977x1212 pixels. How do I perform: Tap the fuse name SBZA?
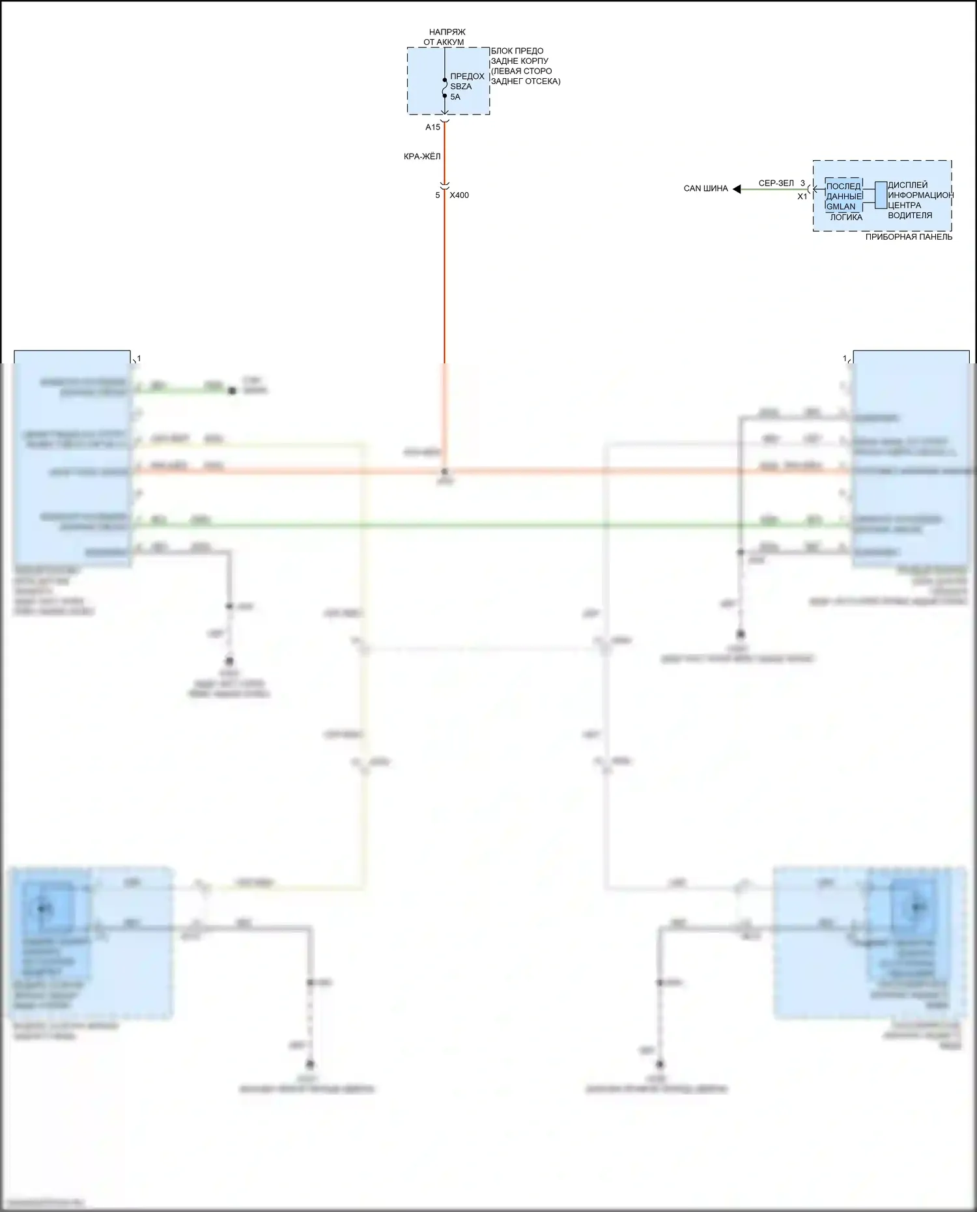point(461,87)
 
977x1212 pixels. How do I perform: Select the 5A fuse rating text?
point(455,97)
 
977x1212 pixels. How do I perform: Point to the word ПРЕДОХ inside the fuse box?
point(467,76)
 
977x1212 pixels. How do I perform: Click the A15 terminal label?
point(432,128)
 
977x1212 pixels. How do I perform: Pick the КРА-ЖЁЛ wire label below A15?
point(422,157)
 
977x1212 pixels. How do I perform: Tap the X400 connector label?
point(459,195)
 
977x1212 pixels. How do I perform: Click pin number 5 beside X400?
point(438,195)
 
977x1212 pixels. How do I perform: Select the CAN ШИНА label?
point(705,189)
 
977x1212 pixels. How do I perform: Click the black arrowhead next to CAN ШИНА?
point(737,189)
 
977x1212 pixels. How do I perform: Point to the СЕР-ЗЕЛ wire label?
point(776,184)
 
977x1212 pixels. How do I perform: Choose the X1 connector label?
point(802,197)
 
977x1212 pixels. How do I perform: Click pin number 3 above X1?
point(802,184)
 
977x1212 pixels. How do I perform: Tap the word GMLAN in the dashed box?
point(841,206)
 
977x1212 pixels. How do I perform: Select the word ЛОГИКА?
point(846,218)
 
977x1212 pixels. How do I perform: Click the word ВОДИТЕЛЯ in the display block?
point(910,216)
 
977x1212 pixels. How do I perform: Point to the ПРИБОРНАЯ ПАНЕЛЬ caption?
point(909,237)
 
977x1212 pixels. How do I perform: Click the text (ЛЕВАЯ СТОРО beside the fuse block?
point(521,72)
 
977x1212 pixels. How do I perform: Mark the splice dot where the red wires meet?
point(445,471)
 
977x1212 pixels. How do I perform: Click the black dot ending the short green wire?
point(232,391)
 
